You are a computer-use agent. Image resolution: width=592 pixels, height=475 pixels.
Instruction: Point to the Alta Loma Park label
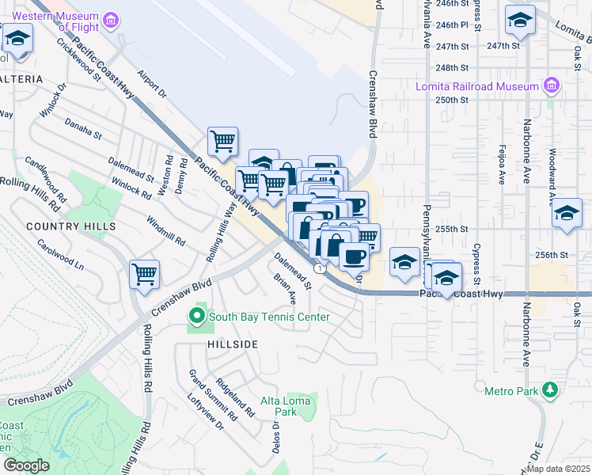coord(286,406)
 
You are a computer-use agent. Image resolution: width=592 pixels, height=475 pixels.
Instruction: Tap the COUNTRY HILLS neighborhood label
coord(70,226)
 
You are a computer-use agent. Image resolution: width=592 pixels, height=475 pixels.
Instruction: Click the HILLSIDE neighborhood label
coord(233,344)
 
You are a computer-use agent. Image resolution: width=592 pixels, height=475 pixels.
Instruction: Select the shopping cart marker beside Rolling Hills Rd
coord(145,274)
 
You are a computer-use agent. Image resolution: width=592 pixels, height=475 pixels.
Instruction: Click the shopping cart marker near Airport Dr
coord(222,142)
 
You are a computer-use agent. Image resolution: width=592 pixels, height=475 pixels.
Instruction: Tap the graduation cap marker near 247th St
coord(520,20)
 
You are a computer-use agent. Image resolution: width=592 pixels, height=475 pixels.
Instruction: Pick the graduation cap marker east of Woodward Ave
coord(567,213)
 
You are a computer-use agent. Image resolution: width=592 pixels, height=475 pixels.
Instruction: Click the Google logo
coord(26,465)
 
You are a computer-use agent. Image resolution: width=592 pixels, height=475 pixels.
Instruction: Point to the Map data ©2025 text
coord(558,469)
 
